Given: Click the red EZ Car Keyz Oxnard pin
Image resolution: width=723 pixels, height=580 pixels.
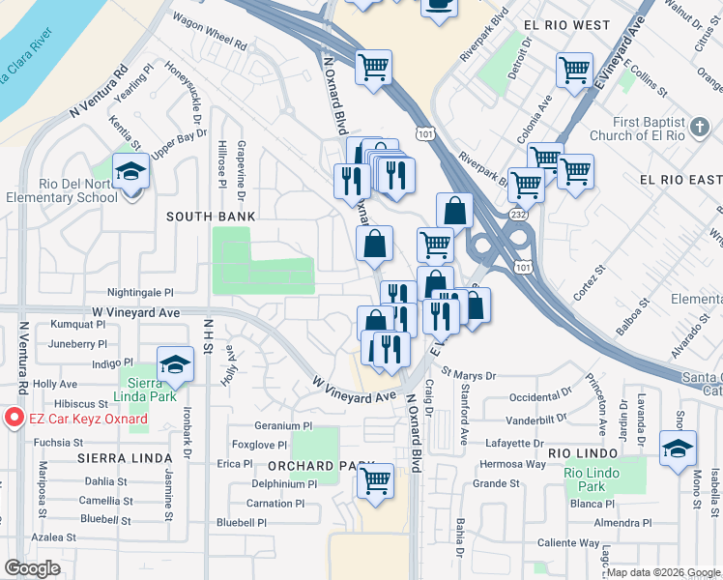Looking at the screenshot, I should click(14, 418).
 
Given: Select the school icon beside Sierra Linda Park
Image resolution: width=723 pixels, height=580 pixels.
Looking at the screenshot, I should click(175, 364).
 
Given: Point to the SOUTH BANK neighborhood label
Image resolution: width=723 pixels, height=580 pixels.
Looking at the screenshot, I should click(211, 216).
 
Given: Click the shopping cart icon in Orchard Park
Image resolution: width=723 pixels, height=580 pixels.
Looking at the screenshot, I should click(375, 478).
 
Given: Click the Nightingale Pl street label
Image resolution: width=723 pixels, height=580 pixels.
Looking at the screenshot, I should click(139, 291).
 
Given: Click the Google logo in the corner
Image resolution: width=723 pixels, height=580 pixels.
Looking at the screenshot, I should click(33, 568).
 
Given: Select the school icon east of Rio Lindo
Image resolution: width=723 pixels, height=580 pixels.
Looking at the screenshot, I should click(678, 448).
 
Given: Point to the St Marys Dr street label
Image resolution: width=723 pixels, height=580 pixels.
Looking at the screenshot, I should click(469, 374).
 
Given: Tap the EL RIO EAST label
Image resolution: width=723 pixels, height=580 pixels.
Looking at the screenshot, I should click(680, 180).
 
